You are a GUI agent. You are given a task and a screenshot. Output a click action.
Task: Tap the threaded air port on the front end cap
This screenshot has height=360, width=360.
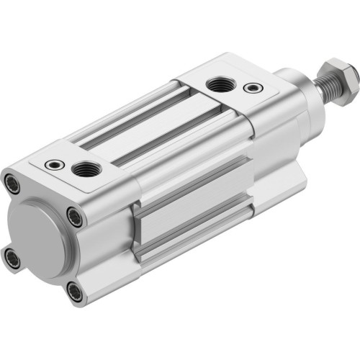coord(218,85)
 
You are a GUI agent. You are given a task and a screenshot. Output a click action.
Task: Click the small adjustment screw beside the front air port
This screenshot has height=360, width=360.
coord(252,88)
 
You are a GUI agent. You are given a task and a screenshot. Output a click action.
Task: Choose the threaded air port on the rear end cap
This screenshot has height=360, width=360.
coord(85,170)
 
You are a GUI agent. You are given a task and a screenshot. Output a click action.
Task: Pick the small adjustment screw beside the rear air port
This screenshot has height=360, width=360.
coord(51,165)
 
